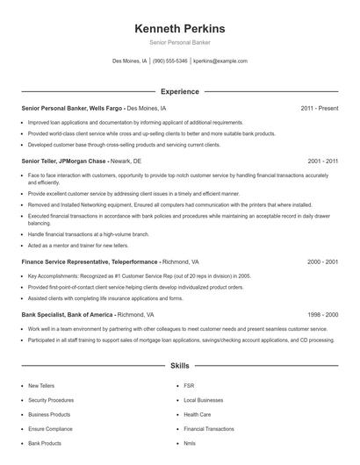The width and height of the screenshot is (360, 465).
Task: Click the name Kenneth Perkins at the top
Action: (179, 28)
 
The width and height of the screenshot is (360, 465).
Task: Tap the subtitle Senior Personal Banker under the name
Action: (179, 42)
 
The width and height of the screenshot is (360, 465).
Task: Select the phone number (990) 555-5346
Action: (169, 61)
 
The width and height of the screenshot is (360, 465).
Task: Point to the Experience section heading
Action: (179, 91)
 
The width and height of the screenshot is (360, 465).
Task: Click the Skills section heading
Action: (179, 364)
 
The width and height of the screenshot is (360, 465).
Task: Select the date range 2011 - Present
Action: (320, 108)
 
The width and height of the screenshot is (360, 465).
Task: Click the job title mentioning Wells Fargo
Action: (73, 108)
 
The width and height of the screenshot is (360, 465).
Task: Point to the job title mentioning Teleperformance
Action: (90, 261)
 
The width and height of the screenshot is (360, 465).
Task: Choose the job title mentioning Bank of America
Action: (68, 314)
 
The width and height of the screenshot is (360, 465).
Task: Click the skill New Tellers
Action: (40, 385)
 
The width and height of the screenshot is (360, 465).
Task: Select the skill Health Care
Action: (197, 414)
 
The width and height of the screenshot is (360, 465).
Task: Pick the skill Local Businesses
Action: (203, 400)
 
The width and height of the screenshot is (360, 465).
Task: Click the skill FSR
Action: (189, 385)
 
